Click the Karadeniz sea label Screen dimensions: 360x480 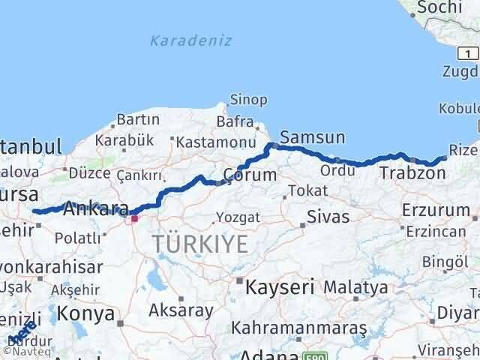190,40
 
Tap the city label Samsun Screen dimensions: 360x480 313,137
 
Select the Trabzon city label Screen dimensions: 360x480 412,173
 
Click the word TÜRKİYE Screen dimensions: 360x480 199,242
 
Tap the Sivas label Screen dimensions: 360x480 328,217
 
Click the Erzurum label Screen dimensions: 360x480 435,209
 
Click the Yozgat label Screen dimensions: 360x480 238,217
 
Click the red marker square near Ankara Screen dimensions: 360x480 134,218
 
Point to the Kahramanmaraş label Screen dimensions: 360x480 299,328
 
